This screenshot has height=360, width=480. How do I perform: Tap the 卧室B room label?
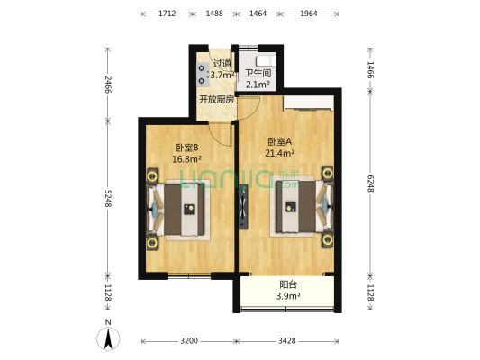(x=186, y=147)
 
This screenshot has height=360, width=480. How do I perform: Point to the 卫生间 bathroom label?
(x=258, y=73)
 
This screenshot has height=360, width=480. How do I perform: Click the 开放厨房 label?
(x=216, y=99)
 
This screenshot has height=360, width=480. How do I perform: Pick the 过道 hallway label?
(x=222, y=64)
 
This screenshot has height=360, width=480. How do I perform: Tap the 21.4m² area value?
(x=281, y=152)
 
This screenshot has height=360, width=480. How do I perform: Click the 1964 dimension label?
(x=309, y=14)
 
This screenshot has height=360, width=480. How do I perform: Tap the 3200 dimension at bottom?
(x=189, y=342)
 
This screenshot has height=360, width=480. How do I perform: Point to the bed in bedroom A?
(x=298, y=207)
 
